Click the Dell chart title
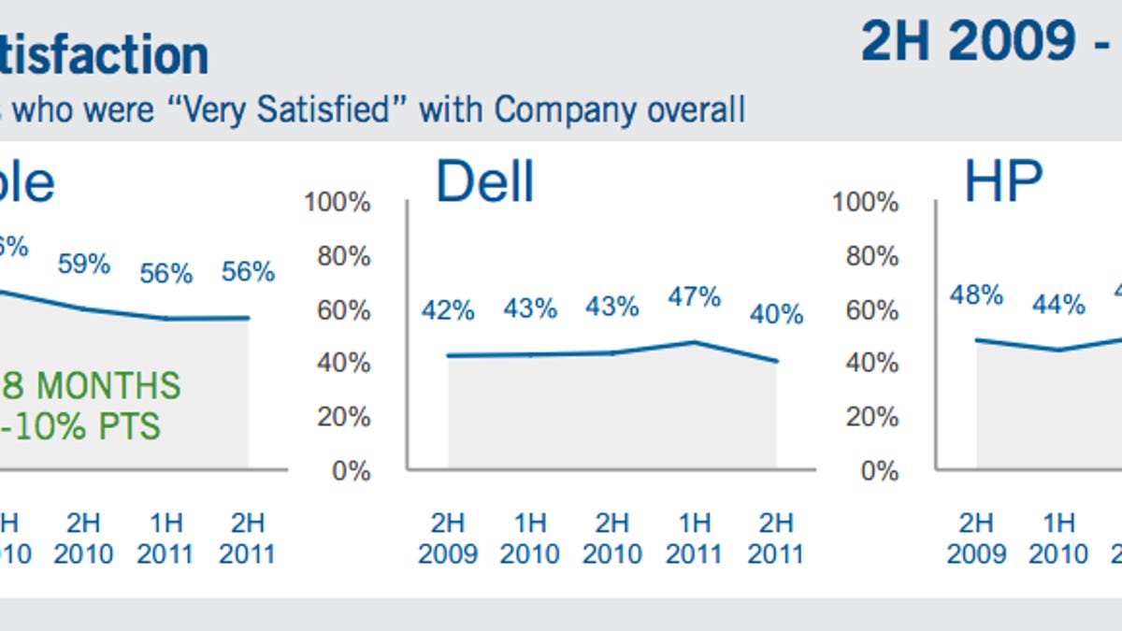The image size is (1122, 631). [x=484, y=181]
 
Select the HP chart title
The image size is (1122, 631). [x=1003, y=181]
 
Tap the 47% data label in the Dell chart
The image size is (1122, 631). [x=695, y=297]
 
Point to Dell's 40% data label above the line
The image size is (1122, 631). [x=777, y=314]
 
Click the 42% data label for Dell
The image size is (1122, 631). [x=448, y=309]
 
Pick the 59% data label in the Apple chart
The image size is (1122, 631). [x=84, y=265]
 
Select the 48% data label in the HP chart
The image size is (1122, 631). [x=976, y=295]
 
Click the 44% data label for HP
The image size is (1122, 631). [x=1058, y=304]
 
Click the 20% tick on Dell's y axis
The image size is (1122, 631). [x=343, y=417]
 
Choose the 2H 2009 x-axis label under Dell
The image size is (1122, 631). [x=448, y=538]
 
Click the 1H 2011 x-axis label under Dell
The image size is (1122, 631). [x=695, y=538]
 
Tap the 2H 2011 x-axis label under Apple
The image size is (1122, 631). [x=248, y=538]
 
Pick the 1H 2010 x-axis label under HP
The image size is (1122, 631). [x=1058, y=538]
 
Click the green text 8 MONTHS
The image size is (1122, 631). [x=93, y=385]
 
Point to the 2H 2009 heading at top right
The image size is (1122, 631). [x=968, y=42]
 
